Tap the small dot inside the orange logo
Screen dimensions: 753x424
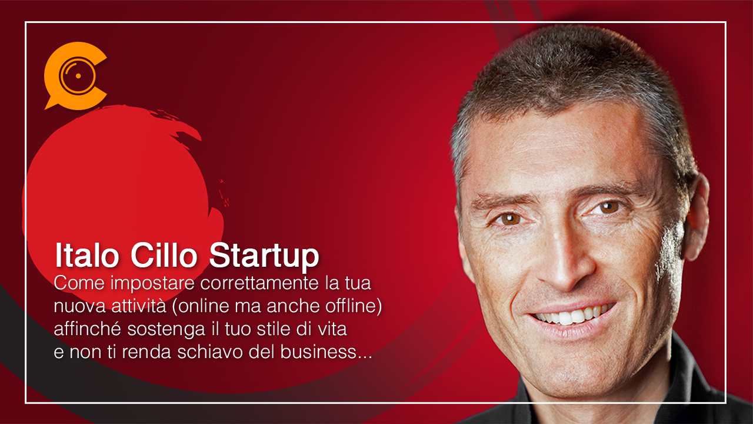(x=78, y=76)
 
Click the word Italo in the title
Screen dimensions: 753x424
(x=87, y=255)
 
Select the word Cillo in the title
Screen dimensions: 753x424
(x=164, y=255)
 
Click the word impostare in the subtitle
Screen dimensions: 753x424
(x=152, y=283)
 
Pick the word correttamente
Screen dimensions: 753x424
(x=259, y=283)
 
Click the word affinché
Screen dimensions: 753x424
(x=87, y=329)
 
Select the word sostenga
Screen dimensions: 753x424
(x=166, y=330)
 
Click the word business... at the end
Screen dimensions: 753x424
(x=326, y=352)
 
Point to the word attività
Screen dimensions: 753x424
(x=138, y=306)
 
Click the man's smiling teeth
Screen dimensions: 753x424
(x=573, y=315)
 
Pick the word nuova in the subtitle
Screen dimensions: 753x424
(x=79, y=307)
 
